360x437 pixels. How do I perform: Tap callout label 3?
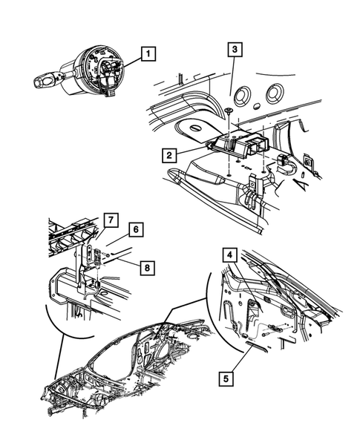tap(234, 50)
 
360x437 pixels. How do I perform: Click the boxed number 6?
tap(137, 231)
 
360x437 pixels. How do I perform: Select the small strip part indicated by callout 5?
tap(255, 346)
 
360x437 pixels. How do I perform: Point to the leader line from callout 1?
tap(131, 61)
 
